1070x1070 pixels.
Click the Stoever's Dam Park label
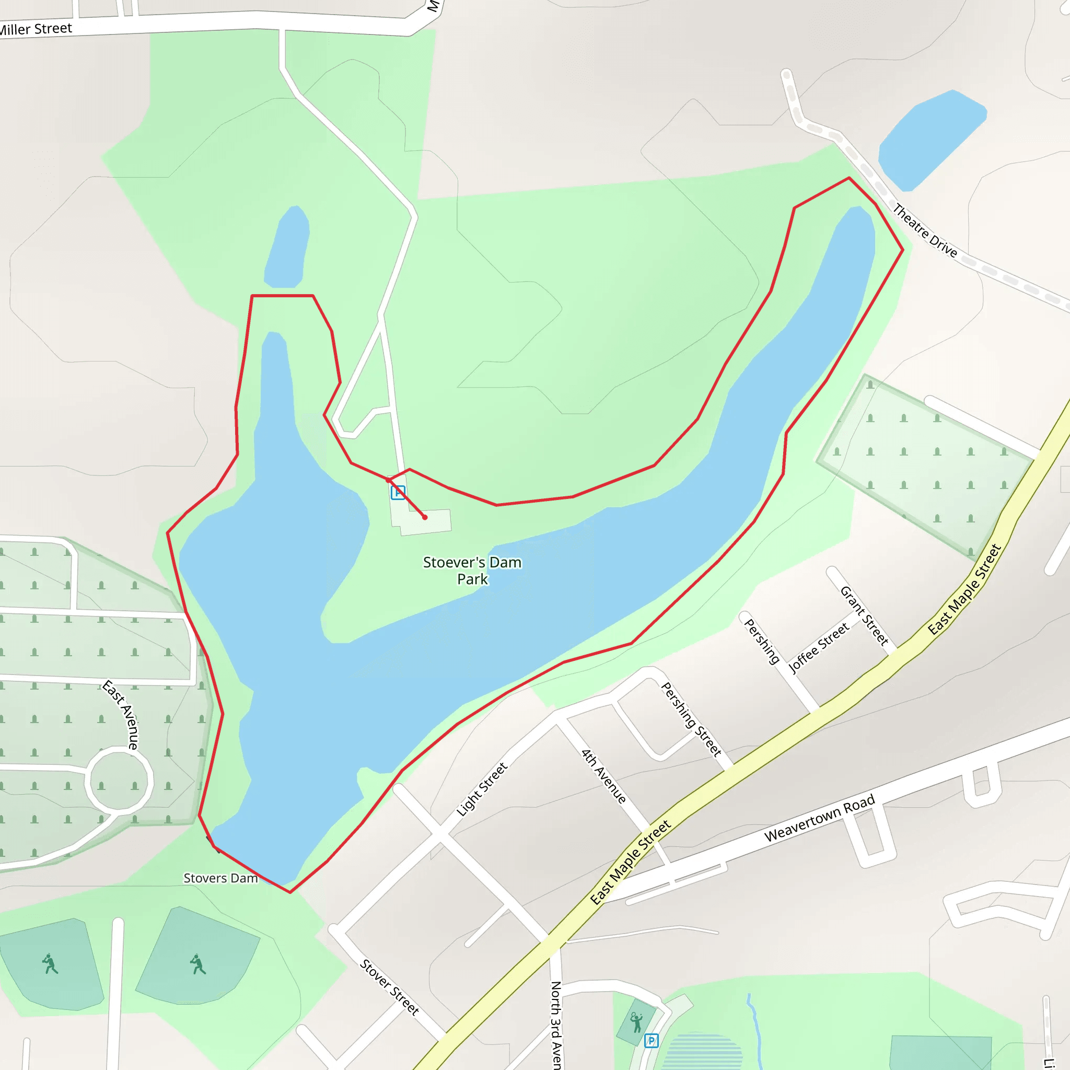point(472,571)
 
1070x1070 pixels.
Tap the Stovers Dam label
point(220,878)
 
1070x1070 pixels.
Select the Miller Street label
point(36,29)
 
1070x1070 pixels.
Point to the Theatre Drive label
point(924,230)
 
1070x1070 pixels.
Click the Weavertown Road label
point(819,818)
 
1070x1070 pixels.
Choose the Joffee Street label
point(818,647)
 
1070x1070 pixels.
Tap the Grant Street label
point(864,615)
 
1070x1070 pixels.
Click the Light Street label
point(481,789)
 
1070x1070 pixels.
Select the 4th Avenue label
point(603,776)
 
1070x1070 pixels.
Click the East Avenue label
point(121,714)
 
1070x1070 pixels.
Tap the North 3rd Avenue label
point(556,1025)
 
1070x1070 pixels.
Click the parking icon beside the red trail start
point(398,492)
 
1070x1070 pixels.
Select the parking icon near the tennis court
point(652,1041)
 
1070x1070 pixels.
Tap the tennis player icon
point(636,1022)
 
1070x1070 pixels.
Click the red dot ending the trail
point(425,517)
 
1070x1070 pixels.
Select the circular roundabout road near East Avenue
point(119,781)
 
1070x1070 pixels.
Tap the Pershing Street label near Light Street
point(691,719)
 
